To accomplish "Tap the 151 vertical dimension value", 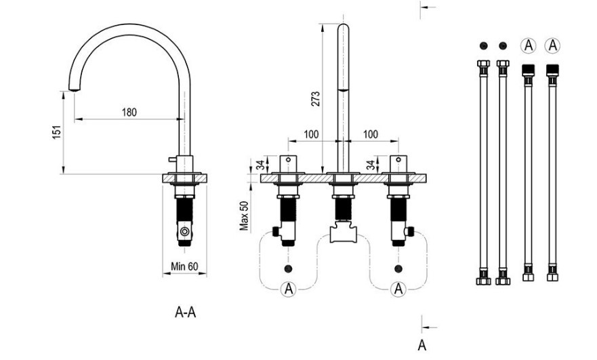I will (57, 134).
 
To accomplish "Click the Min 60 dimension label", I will (184, 266).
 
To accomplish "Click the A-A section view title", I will (186, 312).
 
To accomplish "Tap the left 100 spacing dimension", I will (311, 134).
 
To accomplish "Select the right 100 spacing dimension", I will (370, 134).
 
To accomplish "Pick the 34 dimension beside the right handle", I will (369, 165).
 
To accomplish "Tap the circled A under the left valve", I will (289, 289).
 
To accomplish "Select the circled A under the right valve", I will (398, 289).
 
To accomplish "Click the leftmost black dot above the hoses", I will (482, 45).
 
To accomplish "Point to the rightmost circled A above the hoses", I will (552, 45).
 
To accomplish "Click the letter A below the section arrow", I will (422, 344).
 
